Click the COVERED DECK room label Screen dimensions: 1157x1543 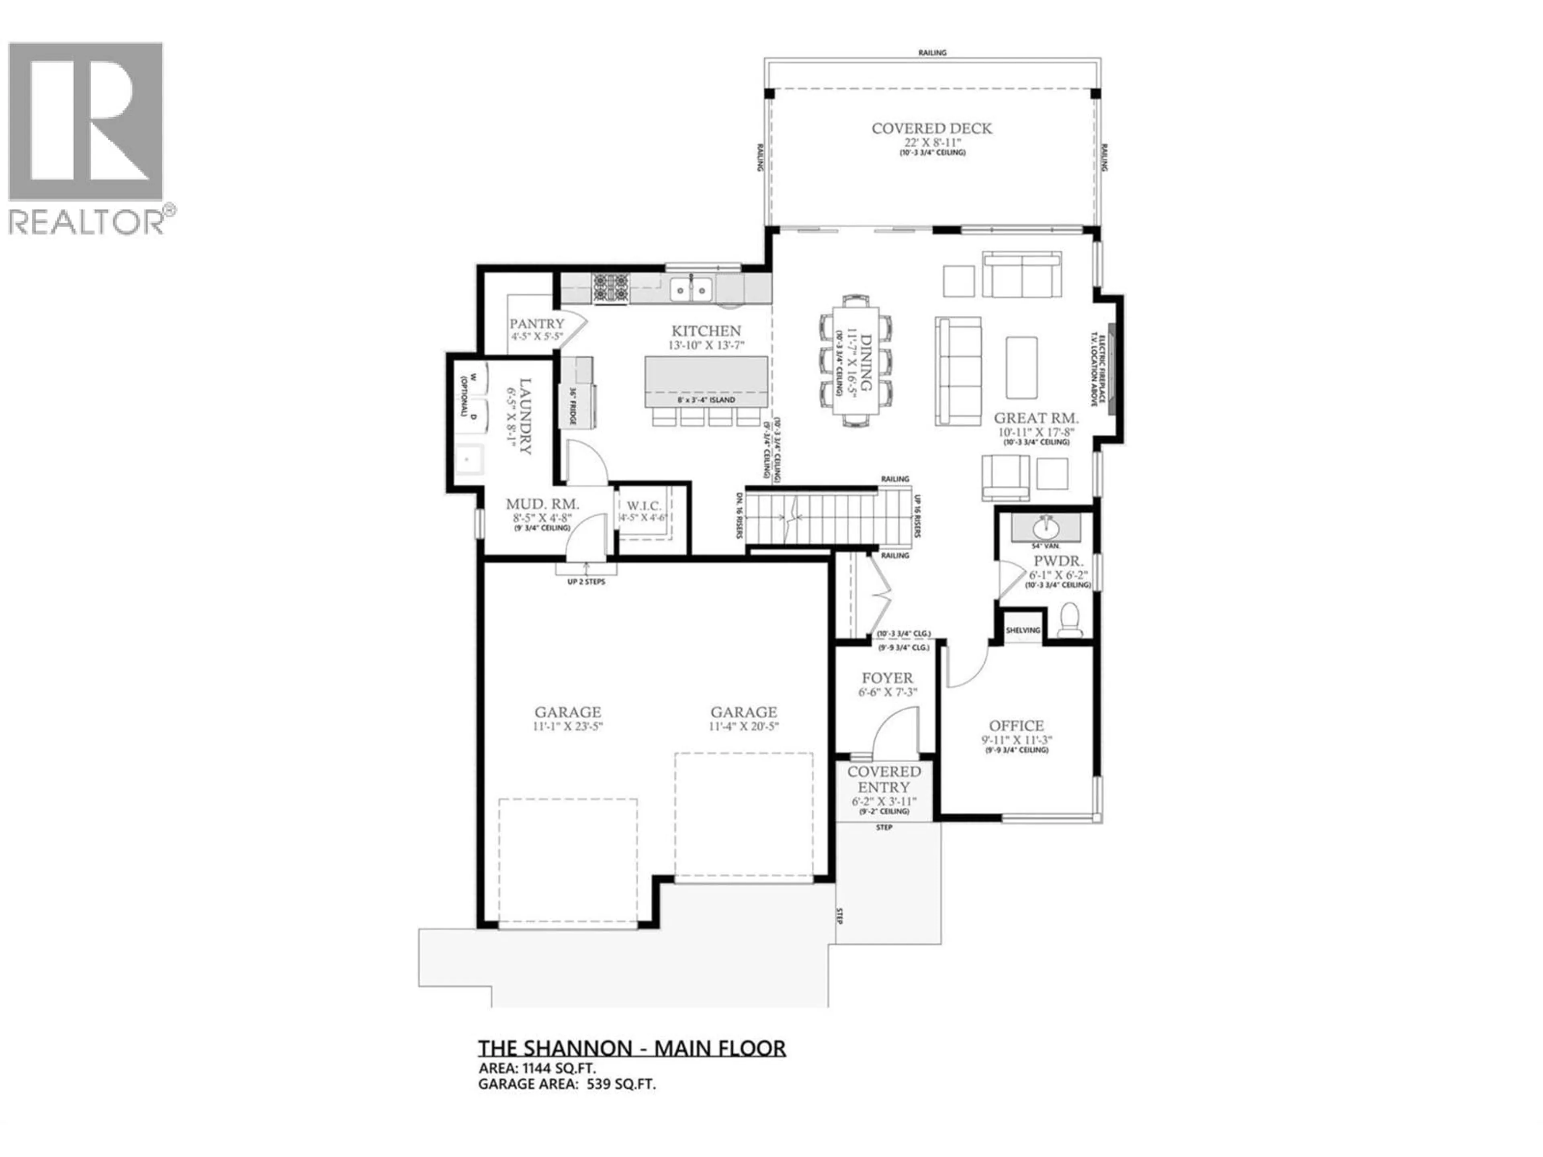pyautogui.click(x=931, y=128)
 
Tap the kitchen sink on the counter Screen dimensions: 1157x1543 pyautogui.click(x=691, y=288)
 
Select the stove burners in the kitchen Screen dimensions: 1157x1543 pyautogui.click(x=611, y=288)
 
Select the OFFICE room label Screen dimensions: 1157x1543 pyautogui.click(x=1016, y=726)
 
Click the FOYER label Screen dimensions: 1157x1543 pyautogui.click(x=886, y=678)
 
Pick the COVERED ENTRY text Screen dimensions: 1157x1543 pyautogui.click(x=884, y=779)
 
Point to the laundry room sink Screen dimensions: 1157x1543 pyautogui.click(x=467, y=460)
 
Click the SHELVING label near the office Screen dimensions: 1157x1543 pyautogui.click(x=1023, y=630)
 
